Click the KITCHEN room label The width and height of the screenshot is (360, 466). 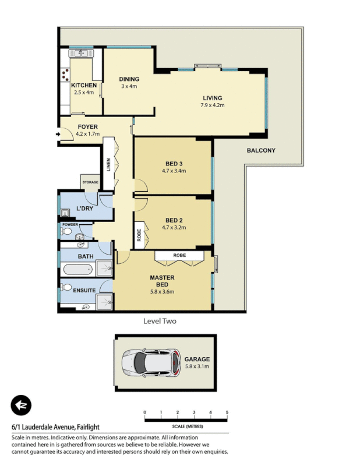tap(84, 85)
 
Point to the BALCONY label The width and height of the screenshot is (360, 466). tap(261, 150)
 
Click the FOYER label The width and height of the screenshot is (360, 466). tap(87, 126)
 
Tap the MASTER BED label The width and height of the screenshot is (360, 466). tap(162, 281)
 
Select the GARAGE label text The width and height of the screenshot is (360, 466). tap(197, 359)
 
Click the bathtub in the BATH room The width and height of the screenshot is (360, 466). tap(77, 270)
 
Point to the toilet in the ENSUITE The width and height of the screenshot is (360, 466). tap(67, 288)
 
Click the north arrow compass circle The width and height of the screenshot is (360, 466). tap(21, 405)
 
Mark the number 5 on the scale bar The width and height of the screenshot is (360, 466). tap(227, 412)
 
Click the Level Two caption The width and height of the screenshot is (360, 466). tap(160, 321)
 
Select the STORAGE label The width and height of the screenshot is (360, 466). tap(90, 182)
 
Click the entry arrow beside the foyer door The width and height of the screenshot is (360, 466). tap(57, 135)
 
